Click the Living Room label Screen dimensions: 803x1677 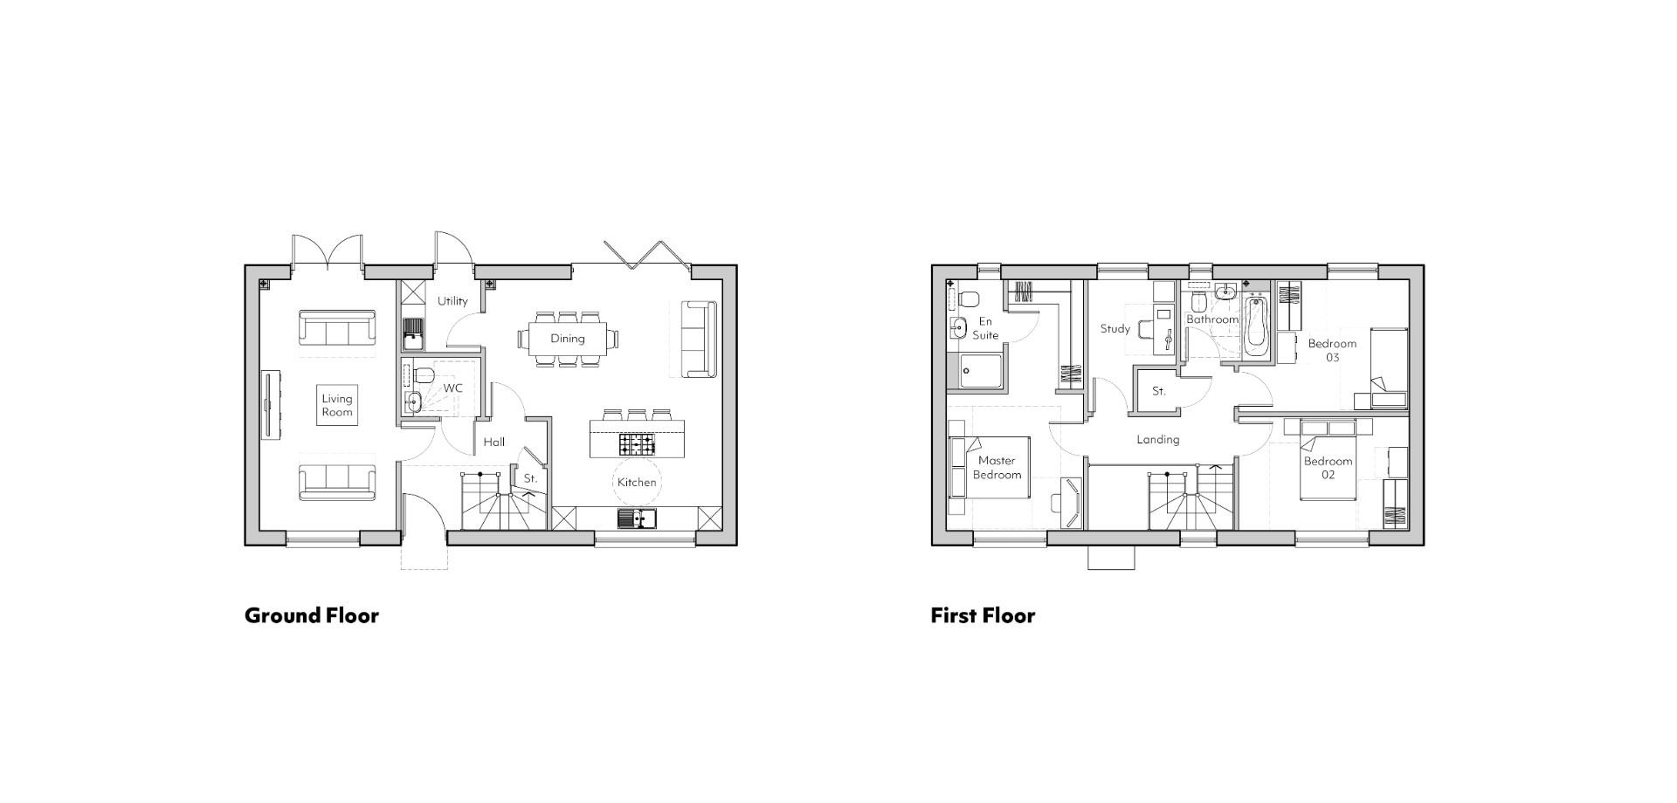pyautogui.click(x=337, y=406)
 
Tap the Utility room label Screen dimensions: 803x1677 pyautogui.click(x=452, y=301)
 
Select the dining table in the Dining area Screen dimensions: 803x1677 pyautogui.click(x=567, y=339)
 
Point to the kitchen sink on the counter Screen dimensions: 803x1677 pyautogui.click(x=637, y=518)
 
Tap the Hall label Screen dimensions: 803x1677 pyautogui.click(x=494, y=443)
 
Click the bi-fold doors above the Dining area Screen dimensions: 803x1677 pyautogui.click(x=646, y=252)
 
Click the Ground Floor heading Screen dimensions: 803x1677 pyautogui.click(x=312, y=615)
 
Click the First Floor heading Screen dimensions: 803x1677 pyautogui.click(x=983, y=615)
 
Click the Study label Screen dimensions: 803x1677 pyautogui.click(x=1115, y=329)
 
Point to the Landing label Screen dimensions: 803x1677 pyautogui.click(x=1157, y=440)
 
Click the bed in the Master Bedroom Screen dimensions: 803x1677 pyautogui.click(x=990, y=468)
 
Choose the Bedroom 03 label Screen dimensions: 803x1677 pyautogui.click(x=1332, y=350)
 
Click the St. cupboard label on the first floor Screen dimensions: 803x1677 pyautogui.click(x=1158, y=391)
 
